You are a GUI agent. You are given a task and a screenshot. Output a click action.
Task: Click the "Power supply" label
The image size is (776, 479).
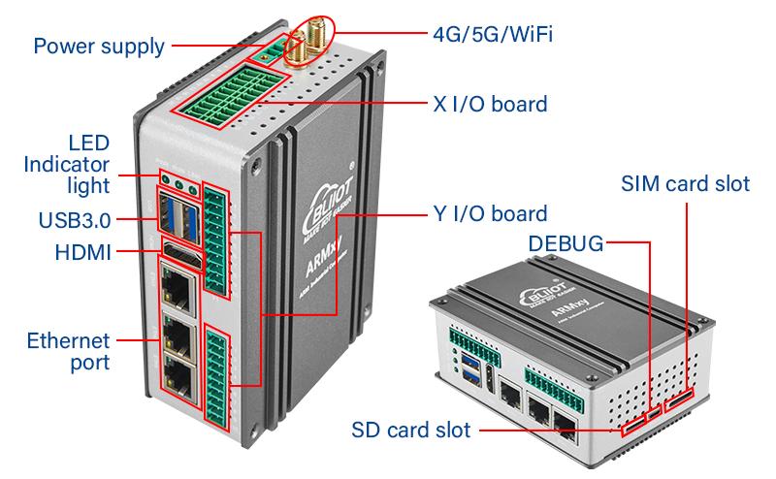coord(98,46)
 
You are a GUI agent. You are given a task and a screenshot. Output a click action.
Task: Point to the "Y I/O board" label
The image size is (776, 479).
coord(487,213)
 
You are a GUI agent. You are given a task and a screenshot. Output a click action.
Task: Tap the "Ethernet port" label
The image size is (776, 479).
coord(68,351)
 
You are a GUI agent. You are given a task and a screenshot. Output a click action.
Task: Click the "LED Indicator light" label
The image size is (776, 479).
coord(68,163)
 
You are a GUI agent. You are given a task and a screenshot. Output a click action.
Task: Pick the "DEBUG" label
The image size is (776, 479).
coord(566,241)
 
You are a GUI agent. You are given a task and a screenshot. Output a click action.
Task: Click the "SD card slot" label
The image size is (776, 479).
coord(411,429)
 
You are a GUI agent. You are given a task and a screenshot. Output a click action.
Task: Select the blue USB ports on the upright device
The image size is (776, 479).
coord(178,217)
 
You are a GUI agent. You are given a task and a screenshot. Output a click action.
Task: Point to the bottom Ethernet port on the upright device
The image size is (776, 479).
coord(179,378)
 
